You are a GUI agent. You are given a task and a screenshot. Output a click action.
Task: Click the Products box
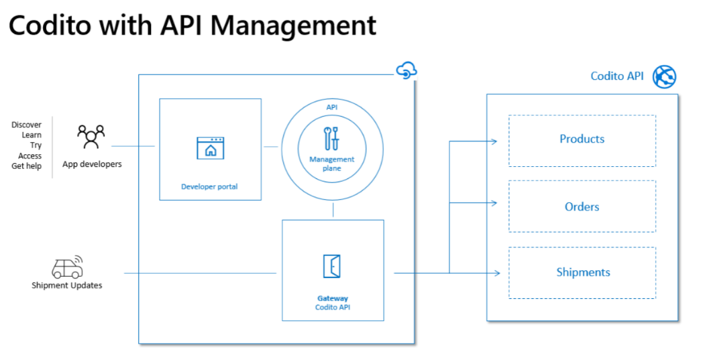pyautogui.click(x=582, y=139)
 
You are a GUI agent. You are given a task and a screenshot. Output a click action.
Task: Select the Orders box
pyautogui.click(x=582, y=206)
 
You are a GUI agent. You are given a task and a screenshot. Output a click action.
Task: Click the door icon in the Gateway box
pyautogui.click(x=332, y=266)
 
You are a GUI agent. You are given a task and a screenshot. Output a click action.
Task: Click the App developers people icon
pyautogui.click(x=91, y=136)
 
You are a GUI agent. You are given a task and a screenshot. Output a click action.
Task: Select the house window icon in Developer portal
pyautogui.click(x=210, y=148)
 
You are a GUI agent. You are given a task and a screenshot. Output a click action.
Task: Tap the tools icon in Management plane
pyautogui.click(x=331, y=138)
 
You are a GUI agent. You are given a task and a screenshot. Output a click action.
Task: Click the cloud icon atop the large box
pyautogui.click(x=407, y=70)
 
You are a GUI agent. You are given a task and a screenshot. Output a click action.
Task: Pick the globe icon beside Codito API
pyautogui.click(x=664, y=76)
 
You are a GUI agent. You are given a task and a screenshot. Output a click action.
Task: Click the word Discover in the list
pyautogui.click(x=27, y=125)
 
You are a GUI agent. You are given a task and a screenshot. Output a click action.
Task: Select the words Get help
pyautogui.click(x=27, y=166)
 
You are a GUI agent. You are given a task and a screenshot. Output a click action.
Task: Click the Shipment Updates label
pyautogui.click(x=67, y=286)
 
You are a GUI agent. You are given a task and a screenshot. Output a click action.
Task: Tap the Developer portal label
pyautogui.click(x=211, y=186)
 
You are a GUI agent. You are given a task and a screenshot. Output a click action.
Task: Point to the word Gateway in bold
pyautogui.click(x=333, y=298)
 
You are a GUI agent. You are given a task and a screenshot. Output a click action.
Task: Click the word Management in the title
pyautogui.click(x=298, y=25)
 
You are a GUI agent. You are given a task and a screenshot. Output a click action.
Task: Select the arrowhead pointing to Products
pyautogui.click(x=494, y=141)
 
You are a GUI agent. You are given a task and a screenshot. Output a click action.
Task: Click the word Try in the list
pyautogui.click(x=36, y=145)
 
